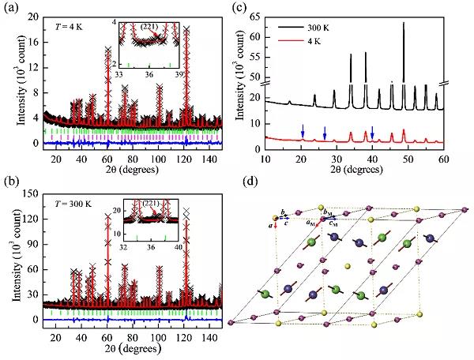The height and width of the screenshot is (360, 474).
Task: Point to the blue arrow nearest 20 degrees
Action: (302, 129)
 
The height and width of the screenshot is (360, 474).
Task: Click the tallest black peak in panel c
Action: (404, 24)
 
